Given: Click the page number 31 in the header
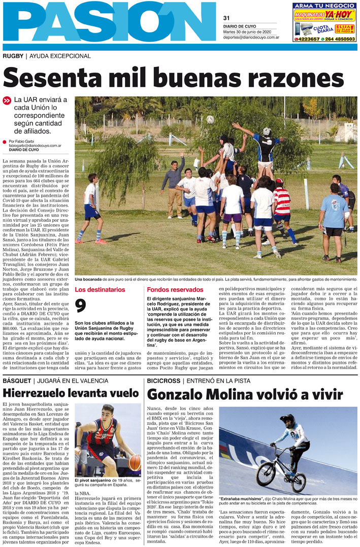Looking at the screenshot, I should click(226, 18).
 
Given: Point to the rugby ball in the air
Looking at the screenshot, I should click(210, 120).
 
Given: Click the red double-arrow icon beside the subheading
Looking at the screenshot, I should click(7, 101).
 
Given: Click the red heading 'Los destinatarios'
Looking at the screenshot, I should click(100, 290).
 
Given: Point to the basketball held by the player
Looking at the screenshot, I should click(135, 462).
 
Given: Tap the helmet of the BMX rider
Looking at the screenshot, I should click(287, 420).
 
